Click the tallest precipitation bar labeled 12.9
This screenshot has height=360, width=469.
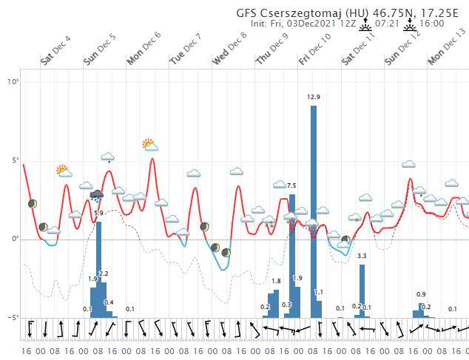314,211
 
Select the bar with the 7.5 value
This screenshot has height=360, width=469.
292,255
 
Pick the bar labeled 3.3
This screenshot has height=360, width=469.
362,291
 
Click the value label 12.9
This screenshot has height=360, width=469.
314,97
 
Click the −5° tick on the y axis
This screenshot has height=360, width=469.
13,318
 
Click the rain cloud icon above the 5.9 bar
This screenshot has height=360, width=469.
96,196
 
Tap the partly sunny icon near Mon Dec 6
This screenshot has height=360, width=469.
149,144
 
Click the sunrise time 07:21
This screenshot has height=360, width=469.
387,24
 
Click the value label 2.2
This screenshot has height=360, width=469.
104,274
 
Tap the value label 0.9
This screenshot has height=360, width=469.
421,295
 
